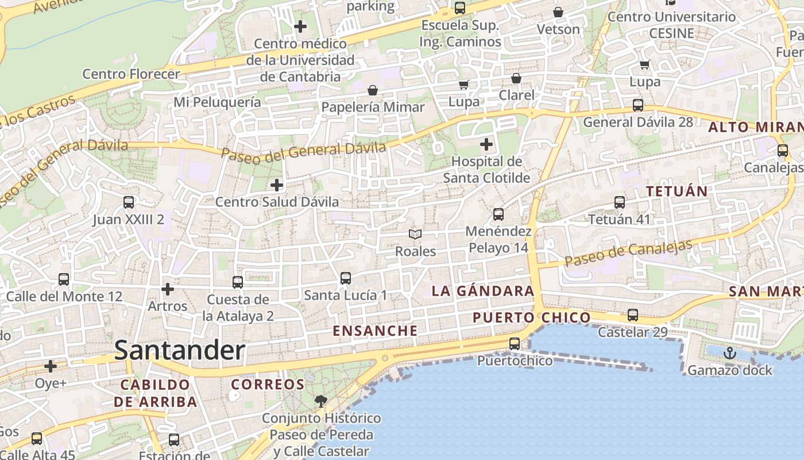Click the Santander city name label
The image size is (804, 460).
180,350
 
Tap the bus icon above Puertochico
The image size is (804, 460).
515,344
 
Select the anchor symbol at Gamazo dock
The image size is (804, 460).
730,353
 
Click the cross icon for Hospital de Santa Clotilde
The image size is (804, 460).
486,144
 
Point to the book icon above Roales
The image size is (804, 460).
415,234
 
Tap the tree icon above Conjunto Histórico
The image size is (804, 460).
321,401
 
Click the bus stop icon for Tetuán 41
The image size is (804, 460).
620,202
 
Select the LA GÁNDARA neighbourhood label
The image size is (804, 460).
483,291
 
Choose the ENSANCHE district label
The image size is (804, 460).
375,331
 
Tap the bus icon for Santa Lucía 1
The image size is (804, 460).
346,278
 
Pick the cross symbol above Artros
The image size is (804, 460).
168,289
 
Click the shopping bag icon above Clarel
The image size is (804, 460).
516,78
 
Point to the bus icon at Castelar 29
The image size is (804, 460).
633,315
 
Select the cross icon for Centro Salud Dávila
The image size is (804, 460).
277,185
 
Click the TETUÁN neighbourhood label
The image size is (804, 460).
677,191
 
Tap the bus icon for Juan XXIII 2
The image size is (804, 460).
129,202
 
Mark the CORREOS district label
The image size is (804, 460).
268,384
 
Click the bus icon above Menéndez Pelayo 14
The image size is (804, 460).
498,214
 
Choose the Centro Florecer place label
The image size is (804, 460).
131,74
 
